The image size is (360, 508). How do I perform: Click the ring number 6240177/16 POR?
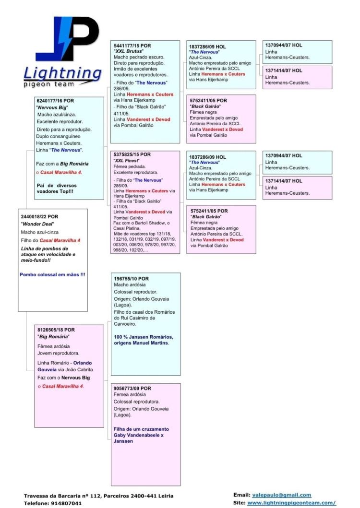pos(55,101)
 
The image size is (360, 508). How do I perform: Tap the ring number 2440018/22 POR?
pos(40,216)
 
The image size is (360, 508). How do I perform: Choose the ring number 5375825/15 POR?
pos(132,154)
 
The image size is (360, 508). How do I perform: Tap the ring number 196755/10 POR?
pos(131,279)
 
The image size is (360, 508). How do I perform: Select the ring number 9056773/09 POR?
pos(132,388)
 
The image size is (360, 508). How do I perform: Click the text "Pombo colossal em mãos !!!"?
pos(52,274)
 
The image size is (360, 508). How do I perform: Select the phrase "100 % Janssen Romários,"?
pos(144,337)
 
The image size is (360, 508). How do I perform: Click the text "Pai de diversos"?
pos(56,185)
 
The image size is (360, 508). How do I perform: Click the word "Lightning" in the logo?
pos(62,73)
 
